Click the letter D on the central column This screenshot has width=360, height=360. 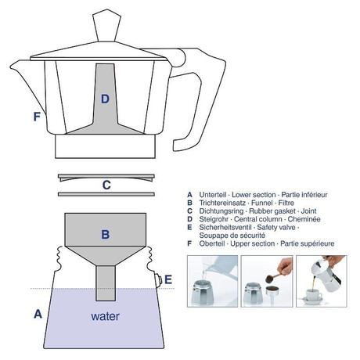(105, 99)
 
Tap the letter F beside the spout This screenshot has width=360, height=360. (37, 117)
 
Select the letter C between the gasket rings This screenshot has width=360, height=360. (106, 185)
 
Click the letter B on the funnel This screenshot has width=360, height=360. (106, 234)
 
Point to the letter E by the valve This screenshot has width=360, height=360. (168, 279)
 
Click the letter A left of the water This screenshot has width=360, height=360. (38, 314)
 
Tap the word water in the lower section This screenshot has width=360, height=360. (105, 316)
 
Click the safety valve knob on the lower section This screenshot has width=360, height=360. (158, 280)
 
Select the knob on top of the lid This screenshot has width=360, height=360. (106, 25)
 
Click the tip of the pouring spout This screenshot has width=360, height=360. (11, 67)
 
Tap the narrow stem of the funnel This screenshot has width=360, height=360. (106, 283)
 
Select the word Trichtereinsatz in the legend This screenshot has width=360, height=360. (222, 203)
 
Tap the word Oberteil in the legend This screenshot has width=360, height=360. (212, 243)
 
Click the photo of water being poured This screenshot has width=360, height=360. (213, 281)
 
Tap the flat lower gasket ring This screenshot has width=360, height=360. (106, 194)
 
